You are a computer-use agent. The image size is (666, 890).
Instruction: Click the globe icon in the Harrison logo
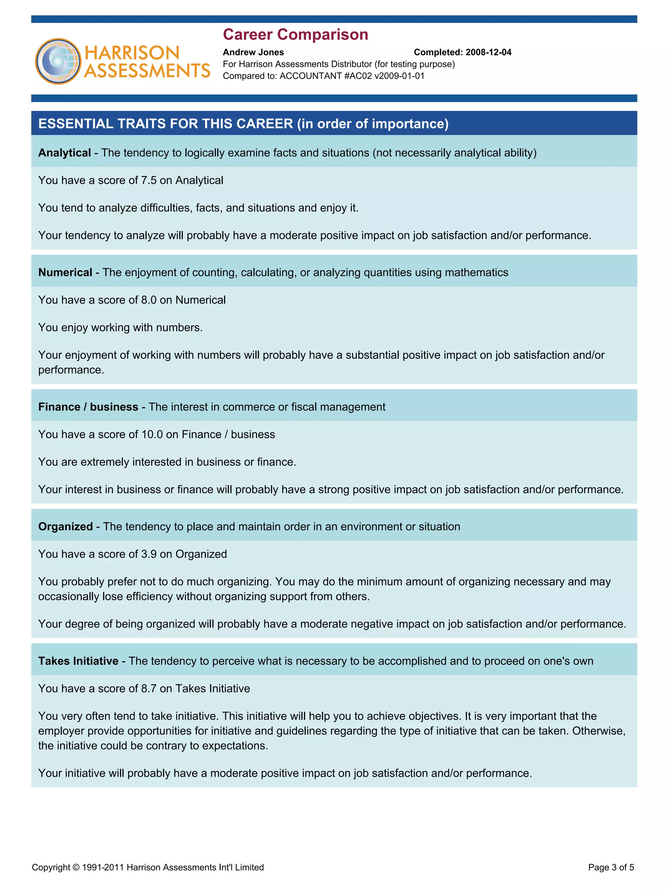tap(58, 61)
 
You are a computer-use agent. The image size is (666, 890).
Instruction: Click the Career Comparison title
tap(295, 34)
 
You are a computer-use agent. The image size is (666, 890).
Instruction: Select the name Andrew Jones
tap(253, 52)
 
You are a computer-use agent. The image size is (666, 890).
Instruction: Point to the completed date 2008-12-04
tap(488, 52)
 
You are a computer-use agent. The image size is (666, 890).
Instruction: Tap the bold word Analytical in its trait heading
tap(64, 153)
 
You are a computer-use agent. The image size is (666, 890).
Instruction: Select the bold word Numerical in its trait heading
tap(65, 272)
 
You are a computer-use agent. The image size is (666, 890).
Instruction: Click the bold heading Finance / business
tap(88, 407)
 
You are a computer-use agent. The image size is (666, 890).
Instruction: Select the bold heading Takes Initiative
tap(78, 661)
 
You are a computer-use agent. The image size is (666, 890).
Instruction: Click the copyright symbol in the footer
tap(76, 868)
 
